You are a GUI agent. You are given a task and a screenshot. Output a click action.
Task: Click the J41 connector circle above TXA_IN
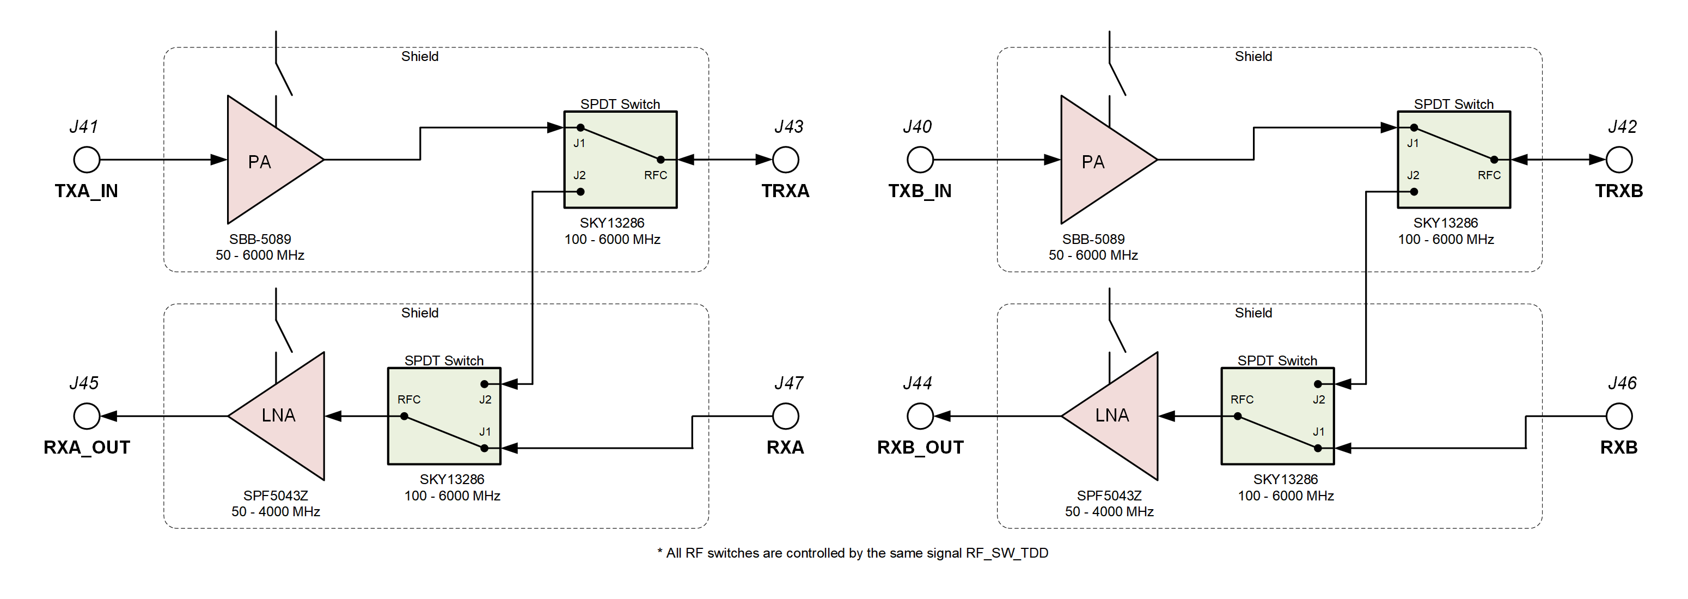point(87,159)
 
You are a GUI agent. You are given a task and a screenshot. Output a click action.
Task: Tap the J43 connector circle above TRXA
point(786,159)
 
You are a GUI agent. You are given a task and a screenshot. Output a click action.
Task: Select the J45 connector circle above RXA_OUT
point(87,415)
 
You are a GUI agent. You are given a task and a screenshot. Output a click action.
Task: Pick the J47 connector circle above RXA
point(786,415)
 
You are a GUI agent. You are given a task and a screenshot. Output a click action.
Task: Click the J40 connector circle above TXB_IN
point(920,159)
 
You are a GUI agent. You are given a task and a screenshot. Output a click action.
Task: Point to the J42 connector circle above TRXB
point(1619,159)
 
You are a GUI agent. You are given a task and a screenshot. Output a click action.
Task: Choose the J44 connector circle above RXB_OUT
point(920,415)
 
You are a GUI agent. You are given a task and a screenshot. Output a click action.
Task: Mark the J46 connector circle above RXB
point(1619,415)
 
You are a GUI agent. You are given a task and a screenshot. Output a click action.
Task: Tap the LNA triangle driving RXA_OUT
point(285,415)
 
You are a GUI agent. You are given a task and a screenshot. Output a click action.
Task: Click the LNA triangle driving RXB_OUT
point(1118,415)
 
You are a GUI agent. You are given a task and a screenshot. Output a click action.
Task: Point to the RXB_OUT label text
point(920,448)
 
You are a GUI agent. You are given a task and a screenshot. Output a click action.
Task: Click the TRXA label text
point(785,191)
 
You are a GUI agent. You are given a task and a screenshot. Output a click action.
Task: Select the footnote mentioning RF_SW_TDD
point(853,553)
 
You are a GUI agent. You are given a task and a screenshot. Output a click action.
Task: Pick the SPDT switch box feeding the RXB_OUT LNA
point(1277,416)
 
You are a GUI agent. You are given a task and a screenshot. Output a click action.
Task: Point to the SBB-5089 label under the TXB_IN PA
point(1093,239)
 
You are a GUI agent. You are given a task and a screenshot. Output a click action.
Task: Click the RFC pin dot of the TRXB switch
point(1494,159)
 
